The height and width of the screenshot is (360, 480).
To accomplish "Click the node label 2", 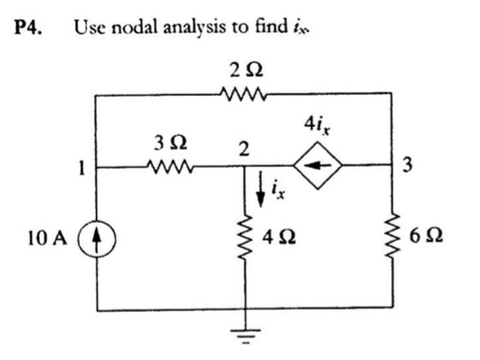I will point(244,147).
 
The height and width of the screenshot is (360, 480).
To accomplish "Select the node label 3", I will point(409,166).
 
